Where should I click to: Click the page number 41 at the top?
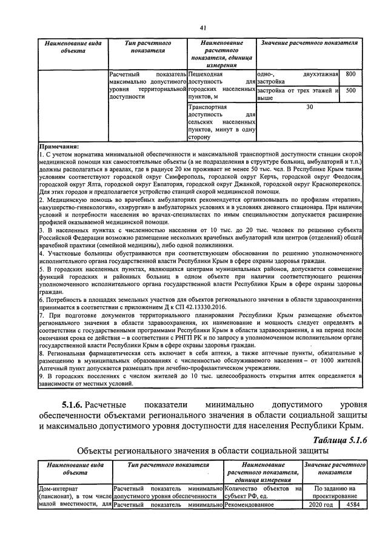click(x=202, y=27)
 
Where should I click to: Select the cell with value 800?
click(x=350, y=74)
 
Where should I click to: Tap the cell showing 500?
click(x=350, y=91)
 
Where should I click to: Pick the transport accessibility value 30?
click(x=310, y=107)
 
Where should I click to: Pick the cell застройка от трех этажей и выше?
click(x=296, y=94)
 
